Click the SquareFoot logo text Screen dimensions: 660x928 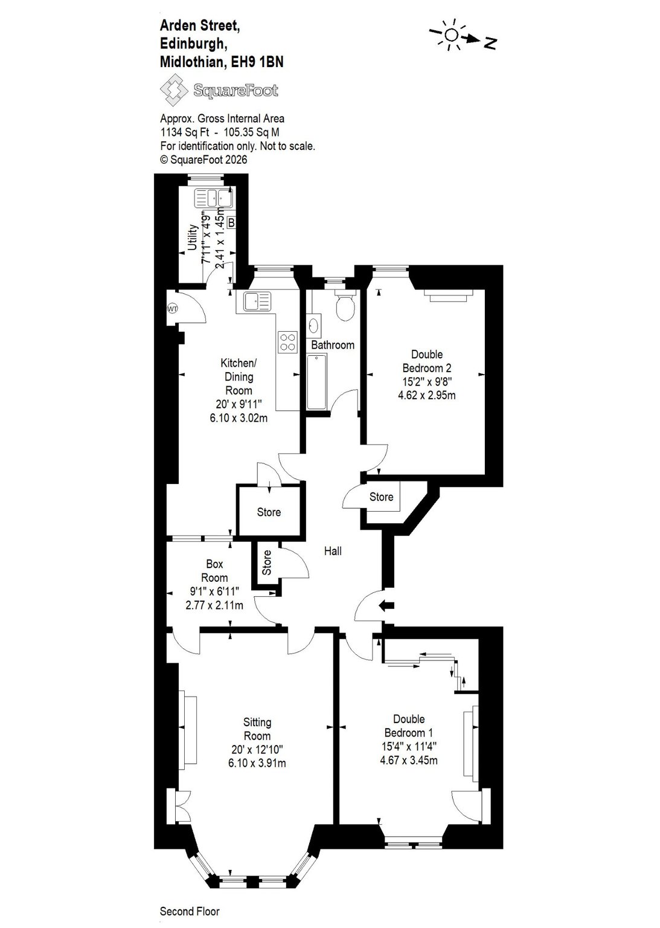pos(235,90)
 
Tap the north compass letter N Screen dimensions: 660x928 pos(490,42)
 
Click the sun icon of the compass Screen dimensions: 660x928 pos(451,35)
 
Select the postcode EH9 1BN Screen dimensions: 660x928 pos(258,62)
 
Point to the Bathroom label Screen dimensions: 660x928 pos(333,345)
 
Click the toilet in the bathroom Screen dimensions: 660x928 pos(345,305)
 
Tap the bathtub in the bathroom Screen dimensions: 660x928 pos(317,382)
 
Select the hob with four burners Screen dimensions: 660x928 pos(288,342)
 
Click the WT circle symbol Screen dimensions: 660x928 pos(172,309)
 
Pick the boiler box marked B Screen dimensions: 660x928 pos(231,223)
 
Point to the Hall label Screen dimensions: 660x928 pos(333,551)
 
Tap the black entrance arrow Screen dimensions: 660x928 pos(386,606)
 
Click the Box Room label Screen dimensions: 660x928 pos(214,571)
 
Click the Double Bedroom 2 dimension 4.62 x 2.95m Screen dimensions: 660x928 pos(427,395)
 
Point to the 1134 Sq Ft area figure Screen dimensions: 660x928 pos(186,132)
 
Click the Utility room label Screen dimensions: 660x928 pos(192,237)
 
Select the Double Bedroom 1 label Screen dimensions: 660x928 pos(409,726)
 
